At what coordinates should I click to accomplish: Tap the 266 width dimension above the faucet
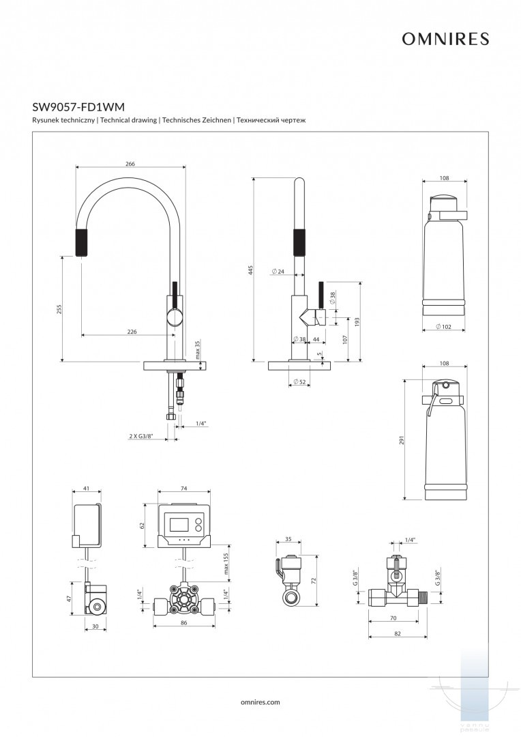coord(130,164)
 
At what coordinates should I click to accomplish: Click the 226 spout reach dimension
coord(132,331)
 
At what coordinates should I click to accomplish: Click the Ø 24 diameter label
coord(278,272)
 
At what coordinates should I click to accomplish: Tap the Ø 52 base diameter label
coord(298,381)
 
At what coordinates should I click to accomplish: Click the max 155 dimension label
coord(225,563)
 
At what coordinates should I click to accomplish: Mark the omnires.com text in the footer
coord(260,701)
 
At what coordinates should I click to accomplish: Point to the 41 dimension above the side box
coord(87,489)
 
